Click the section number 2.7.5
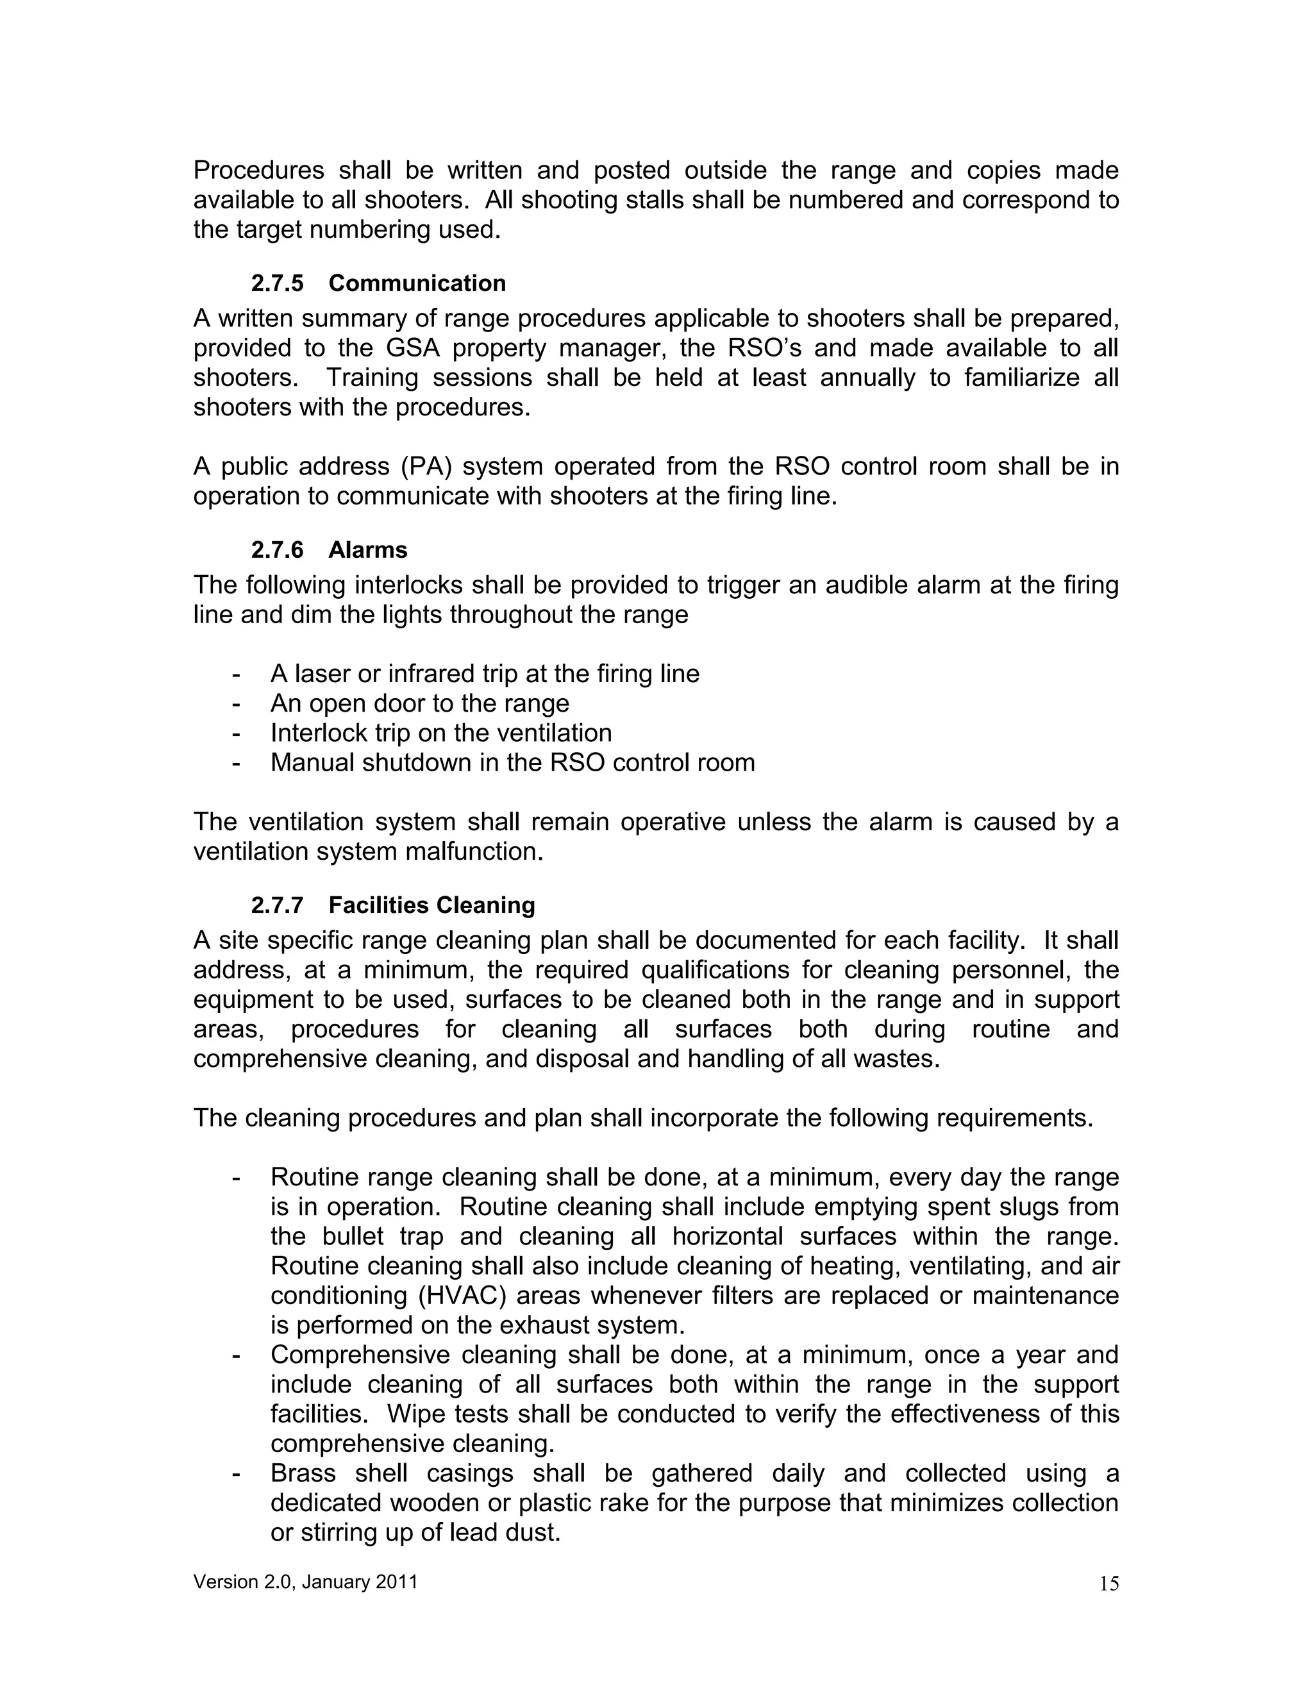coord(277,283)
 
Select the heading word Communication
coord(417,283)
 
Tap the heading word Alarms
coord(367,550)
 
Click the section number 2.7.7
coord(277,905)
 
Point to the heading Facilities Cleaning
coord(431,905)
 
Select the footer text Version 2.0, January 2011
coord(306,1582)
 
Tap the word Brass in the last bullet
coord(303,1473)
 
